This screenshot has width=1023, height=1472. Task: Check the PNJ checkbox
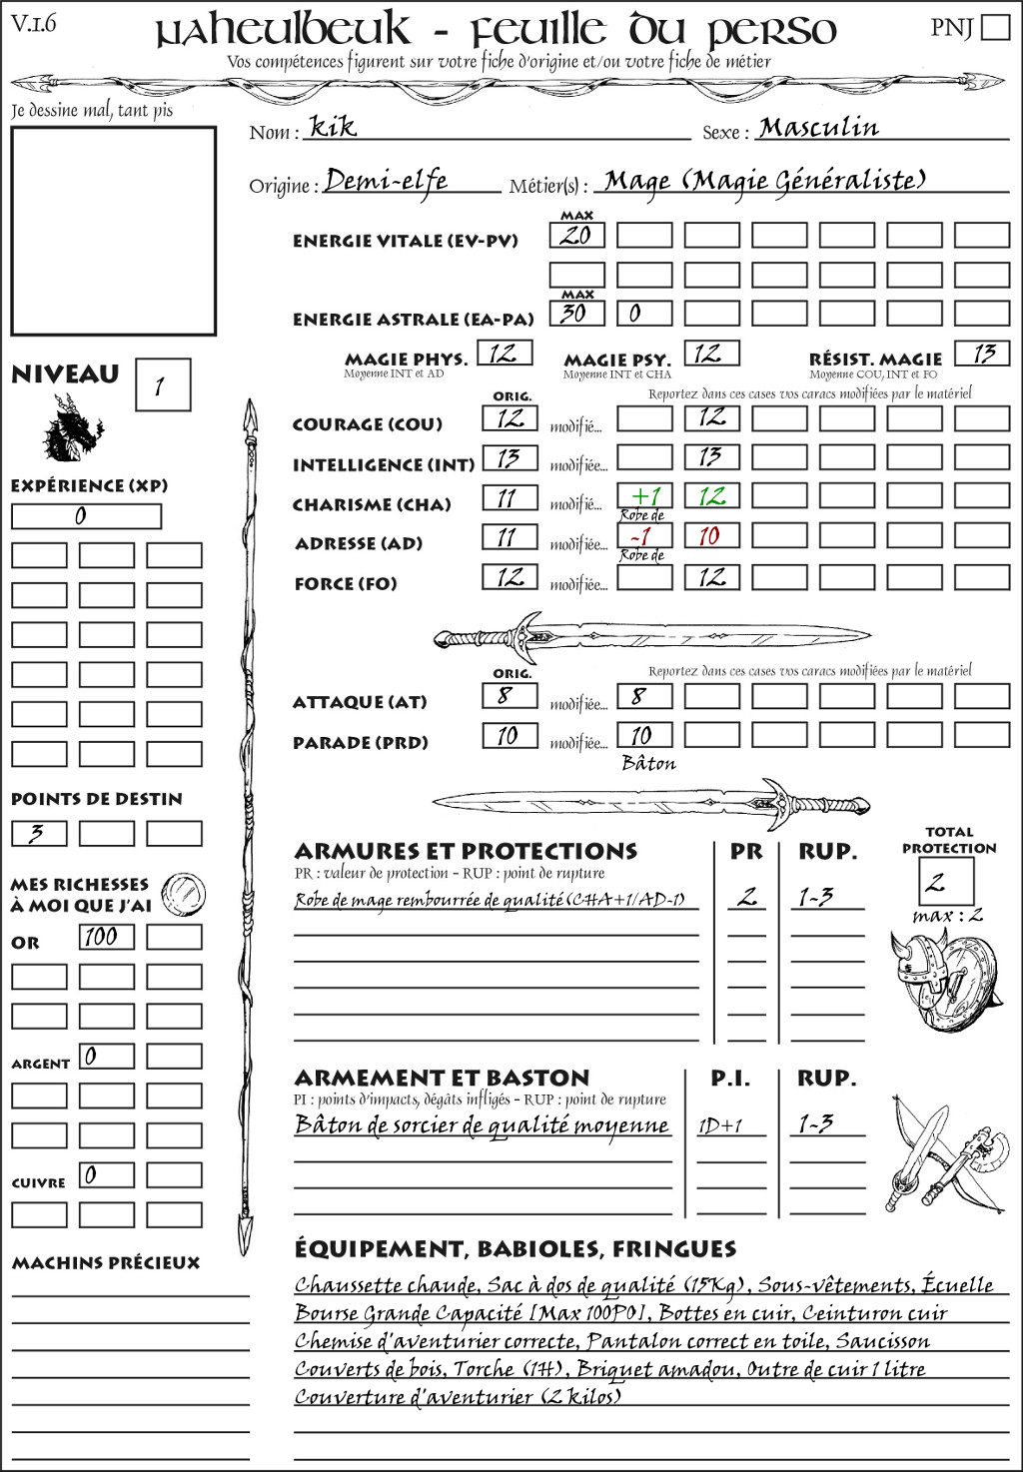[x=996, y=27]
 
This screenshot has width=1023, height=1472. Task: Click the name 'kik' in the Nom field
[x=333, y=127]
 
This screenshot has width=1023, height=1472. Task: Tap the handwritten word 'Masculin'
[x=818, y=128]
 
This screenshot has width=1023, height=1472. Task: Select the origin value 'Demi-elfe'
[x=386, y=181]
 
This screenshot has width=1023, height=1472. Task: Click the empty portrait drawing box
[x=113, y=231]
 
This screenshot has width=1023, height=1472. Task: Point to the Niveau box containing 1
[x=162, y=385]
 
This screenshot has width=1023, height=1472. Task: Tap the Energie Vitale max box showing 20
[x=576, y=236]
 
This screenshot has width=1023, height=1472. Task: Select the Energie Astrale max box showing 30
[x=576, y=313]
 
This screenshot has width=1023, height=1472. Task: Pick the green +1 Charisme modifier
[x=644, y=496]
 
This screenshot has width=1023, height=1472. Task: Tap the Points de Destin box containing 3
[x=39, y=833]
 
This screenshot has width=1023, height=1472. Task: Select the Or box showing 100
[x=106, y=937]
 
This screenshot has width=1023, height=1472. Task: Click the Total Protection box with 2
[x=946, y=881]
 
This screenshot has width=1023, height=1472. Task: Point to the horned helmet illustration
[x=917, y=974]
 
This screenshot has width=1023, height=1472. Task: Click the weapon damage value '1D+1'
[x=720, y=1125]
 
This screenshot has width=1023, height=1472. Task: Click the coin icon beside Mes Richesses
[x=184, y=892]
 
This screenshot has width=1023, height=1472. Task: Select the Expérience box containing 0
[x=86, y=516]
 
